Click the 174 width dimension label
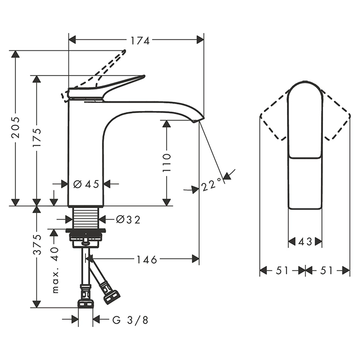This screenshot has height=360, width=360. coord(140,41)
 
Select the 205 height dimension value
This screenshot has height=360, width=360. coord(15,128)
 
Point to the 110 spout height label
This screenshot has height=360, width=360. coord(167,163)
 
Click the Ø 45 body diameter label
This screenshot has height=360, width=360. coord(86,184)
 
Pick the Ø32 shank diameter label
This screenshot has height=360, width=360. coord(128,220)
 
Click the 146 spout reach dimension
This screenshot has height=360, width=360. coord(147,260)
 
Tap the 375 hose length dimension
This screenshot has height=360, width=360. coord(37,244)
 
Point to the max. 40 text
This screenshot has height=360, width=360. coord(55,270)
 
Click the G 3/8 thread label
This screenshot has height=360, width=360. coord(130,320)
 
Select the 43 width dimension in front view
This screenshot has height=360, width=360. coord(305,241)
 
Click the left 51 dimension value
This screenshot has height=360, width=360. coord(282,271)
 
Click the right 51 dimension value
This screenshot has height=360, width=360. coord(326,271)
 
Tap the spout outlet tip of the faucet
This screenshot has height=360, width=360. coord(199,119)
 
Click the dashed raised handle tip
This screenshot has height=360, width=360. coord(124,51)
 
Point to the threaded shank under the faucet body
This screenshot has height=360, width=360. coord(86,218)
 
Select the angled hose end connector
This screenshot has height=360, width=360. coord(112,297)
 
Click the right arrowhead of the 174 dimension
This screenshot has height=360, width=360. coord(200,40)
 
